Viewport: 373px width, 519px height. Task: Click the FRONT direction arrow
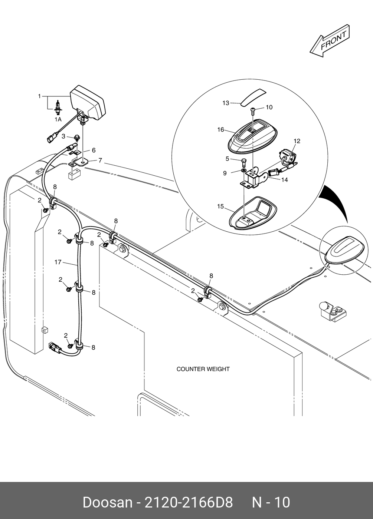click(x=330, y=41)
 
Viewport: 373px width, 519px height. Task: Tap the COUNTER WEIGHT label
click(x=203, y=369)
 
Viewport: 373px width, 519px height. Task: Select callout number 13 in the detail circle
click(x=226, y=103)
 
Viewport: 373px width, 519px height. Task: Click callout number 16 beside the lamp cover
click(x=221, y=130)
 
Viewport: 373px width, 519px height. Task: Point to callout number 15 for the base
click(x=221, y=206)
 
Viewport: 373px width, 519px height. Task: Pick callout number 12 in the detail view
click(x=297, y=141)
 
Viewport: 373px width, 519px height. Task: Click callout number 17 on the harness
click(x=58, y=262)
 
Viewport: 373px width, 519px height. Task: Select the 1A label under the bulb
click(x=58, y=120)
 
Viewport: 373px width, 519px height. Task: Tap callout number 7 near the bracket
click(x=100, y=161)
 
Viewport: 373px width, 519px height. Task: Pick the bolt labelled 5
click(x=244, y=162)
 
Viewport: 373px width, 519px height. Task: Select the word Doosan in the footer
click(x=107, y=503)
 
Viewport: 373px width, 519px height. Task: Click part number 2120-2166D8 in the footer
click(x=189, y=503)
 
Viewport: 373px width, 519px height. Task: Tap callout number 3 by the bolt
click(x=63, y=136)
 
